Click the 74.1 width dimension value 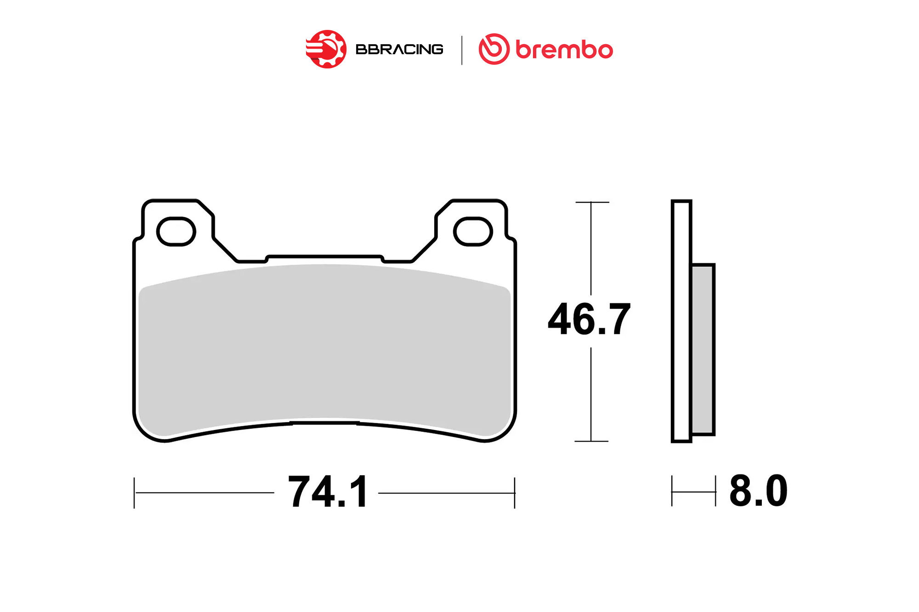328,492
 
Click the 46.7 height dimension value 589,319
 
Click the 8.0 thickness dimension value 759,491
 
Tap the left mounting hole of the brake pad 176,232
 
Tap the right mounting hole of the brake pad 473,232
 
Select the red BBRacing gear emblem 326,49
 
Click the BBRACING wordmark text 399,49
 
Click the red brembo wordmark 564,50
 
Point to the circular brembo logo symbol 494,49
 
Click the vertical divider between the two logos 462,50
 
